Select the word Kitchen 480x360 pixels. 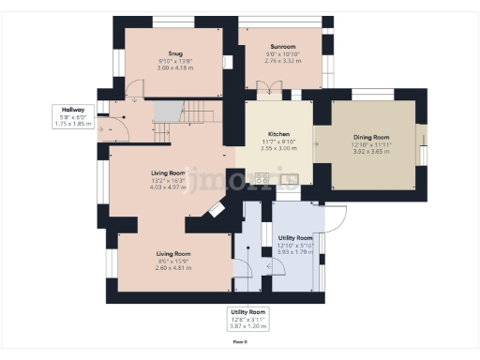(279, 135)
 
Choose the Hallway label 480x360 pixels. (73, 110)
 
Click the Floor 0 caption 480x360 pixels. (239, 342)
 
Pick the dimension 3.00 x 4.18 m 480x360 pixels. (175, 68)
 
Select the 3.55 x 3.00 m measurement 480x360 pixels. (279, 148)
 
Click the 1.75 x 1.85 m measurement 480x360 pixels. (73, 123)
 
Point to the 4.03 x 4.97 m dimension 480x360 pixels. (171, 187)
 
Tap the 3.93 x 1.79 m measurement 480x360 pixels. (294, 251)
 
